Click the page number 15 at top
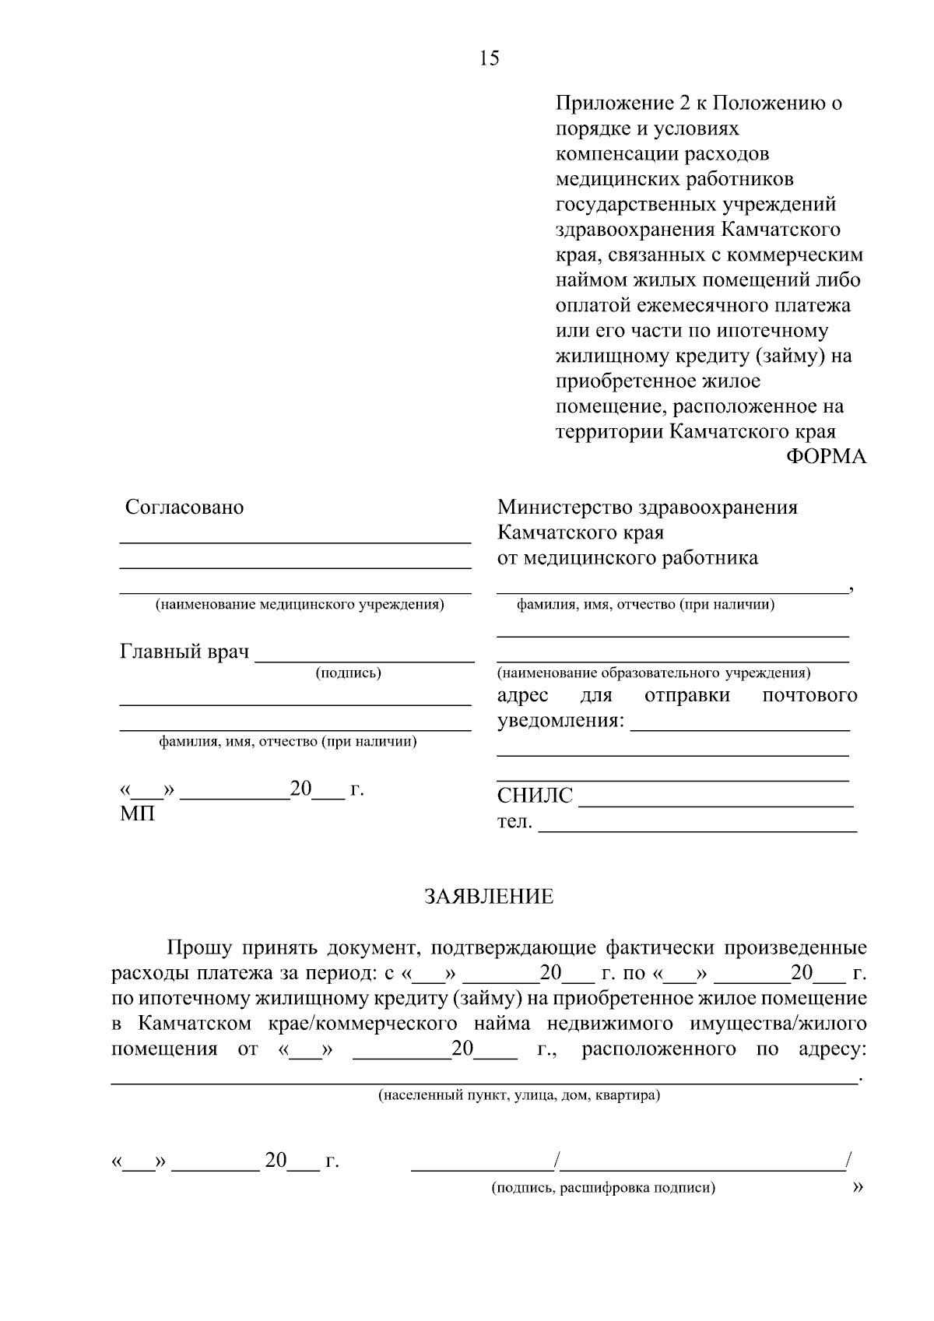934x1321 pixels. pos(490,58)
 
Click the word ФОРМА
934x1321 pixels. pos(826,456)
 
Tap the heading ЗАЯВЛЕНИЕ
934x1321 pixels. pos(489,897)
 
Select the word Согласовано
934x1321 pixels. pos(184,508)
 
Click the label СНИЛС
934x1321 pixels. pos(535,796)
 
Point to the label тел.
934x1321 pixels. pos(514,821)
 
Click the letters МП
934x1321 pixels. pos(137,814)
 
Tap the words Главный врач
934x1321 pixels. pos(184,652)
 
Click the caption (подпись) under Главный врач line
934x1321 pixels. pos(348,673)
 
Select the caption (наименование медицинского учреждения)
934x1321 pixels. pos(300,605)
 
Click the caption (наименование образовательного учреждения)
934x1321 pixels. pos(654,673)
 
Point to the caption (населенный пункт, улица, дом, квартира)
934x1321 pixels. pos(519,1096)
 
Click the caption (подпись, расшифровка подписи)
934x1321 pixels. pos(603,1188)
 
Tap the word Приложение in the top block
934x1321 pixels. pos(603,104)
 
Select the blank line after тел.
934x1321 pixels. pos(698,830)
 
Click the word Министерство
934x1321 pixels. pos(565,508)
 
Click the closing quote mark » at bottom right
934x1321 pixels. pos(859,1187)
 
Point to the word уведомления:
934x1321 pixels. pos(560,721)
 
